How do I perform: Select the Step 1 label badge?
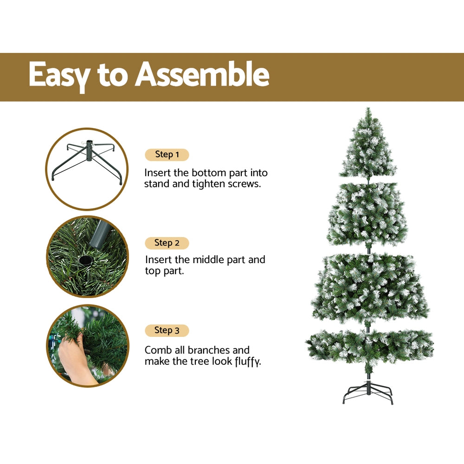pyautogui.click(x=167, y=155)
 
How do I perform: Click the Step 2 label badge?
pyautogui.click(x=167, y=243)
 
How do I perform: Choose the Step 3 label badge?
pyautogui.click(x=167, y=330)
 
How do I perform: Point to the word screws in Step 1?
pyautogui.click(x=244, y=184)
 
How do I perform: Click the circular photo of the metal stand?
pyautogui.click(x=87, y=169)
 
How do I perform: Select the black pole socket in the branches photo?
pyautogui.click(x=85, y=260)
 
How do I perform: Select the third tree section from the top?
pyautogui.click(x=370, y=288)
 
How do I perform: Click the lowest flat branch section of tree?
pyautogui.click(x=370, y=346)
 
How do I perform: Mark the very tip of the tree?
pyautogui.click(x=368, y=110)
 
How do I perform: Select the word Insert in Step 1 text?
pyautogui.click(x=158, y=173)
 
